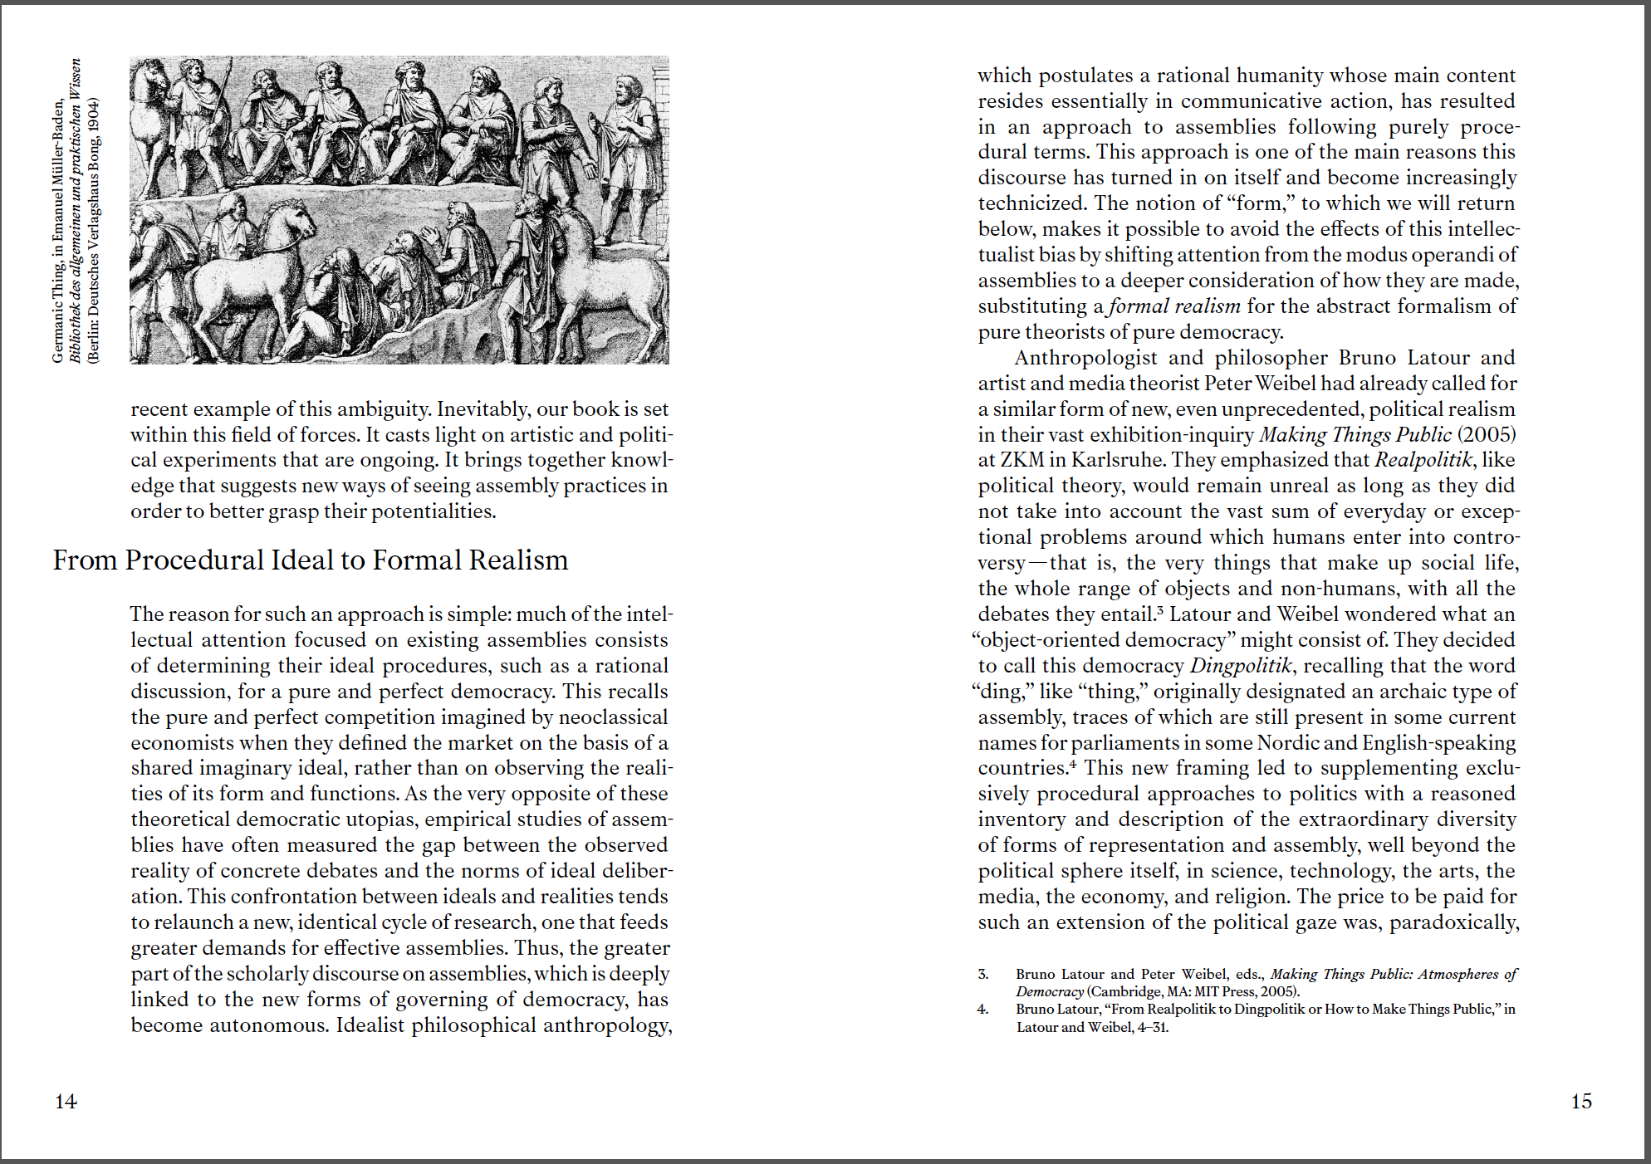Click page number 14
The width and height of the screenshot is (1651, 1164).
point(66,1101)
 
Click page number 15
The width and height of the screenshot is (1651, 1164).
point(1581,1101)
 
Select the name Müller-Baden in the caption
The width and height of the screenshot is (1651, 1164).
point(57,147)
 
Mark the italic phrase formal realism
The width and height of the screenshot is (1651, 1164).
point(1174,306)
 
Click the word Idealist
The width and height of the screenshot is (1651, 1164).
point(370,1025)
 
